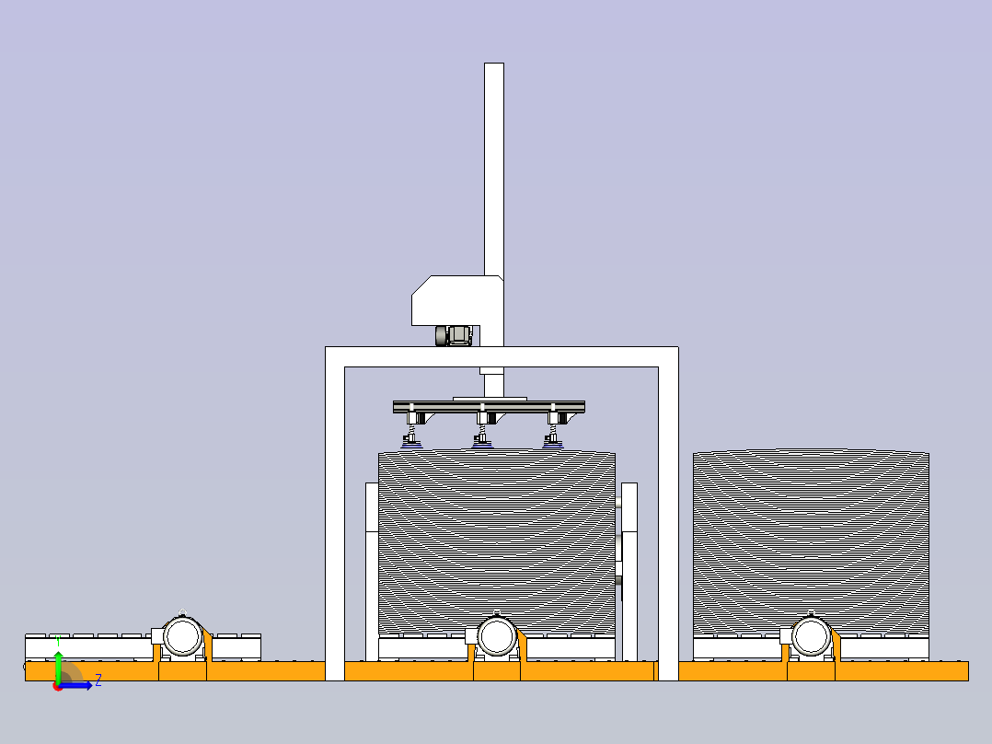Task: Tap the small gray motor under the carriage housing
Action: (454, 335)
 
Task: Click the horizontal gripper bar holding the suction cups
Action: (489, 406)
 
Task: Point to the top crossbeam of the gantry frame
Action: (502, 356)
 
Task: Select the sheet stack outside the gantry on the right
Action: (811, 542)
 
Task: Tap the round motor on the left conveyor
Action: (183, 636)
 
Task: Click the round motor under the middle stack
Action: (497, 636)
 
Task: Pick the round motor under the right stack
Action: (811, 636)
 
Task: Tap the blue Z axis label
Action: (98, 680)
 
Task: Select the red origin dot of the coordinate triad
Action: (57, 687)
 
